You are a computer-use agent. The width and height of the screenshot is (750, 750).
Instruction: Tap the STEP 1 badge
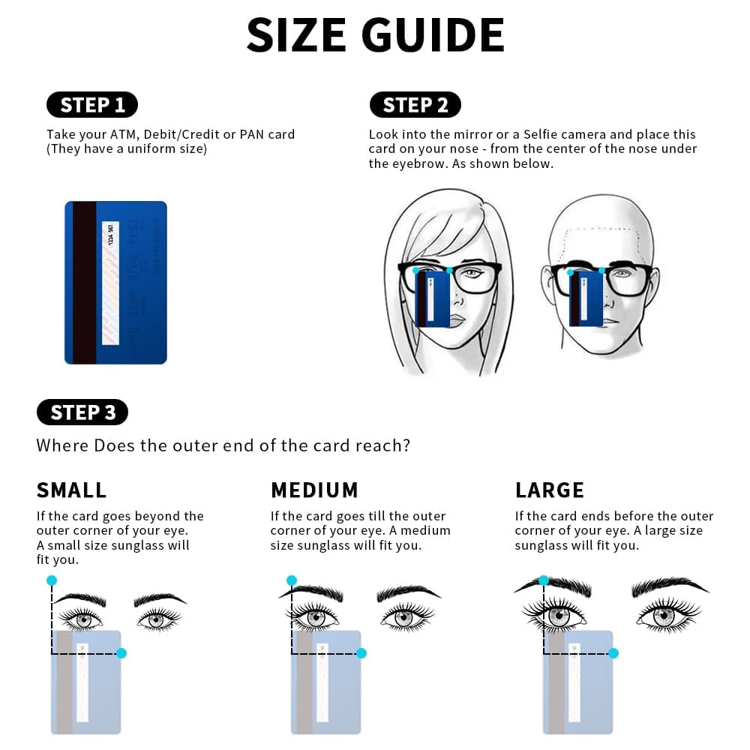click(92, 105)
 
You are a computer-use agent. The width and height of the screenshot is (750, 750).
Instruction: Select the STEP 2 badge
click(415, 105)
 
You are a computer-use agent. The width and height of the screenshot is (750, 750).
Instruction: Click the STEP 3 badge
click(82, 412)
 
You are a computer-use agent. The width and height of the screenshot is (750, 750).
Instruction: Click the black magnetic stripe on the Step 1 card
click(85, 283)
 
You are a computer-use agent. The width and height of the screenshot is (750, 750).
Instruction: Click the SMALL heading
click(71, 490)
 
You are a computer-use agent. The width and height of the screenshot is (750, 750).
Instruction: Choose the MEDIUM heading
click(314, 490)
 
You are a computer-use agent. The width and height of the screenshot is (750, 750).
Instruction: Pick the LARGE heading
click(549, 490)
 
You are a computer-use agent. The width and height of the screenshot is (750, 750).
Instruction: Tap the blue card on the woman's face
click(433, 298)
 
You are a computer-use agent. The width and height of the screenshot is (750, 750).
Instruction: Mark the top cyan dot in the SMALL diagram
click(51, 580)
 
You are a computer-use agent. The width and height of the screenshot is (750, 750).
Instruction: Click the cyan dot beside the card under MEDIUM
click(361, 653)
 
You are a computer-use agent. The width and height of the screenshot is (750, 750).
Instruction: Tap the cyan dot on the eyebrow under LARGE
click(544, 580)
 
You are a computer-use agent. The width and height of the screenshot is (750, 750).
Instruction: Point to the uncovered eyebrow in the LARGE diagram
click(669, 586)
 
